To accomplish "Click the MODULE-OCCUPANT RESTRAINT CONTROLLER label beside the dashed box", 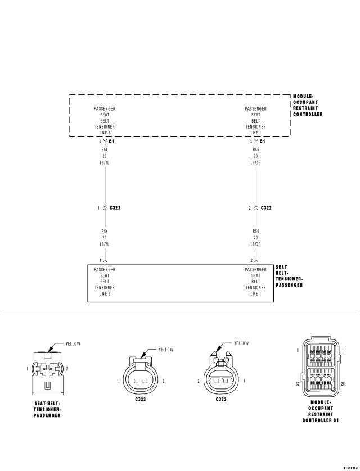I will pyautogui.click(x=308, y=105).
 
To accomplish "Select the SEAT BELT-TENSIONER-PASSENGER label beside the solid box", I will pyautogui.click(x=289, y=276).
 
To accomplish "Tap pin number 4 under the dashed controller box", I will pyautogui.click(x=99, y=142).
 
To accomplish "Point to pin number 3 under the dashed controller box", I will pyautogui.click(x=251, y=142).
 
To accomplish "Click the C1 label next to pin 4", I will pyautogui.click(x=112, y=142).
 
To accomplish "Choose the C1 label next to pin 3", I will pyautogui.click(x=263, y=142).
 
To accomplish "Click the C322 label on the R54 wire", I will pyautogui.click(x=115, y=208).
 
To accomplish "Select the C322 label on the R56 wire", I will pyautogui.click(x=266, y=208).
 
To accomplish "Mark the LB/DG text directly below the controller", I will pyautogui.click(x=255, y=162).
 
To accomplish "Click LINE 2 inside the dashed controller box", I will pyautogui.click(x=105, y=133).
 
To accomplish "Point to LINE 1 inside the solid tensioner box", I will pyautogui.click(x=255, y=294).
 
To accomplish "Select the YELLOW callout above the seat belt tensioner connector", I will pyautogui.click(x=74, y=343).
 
